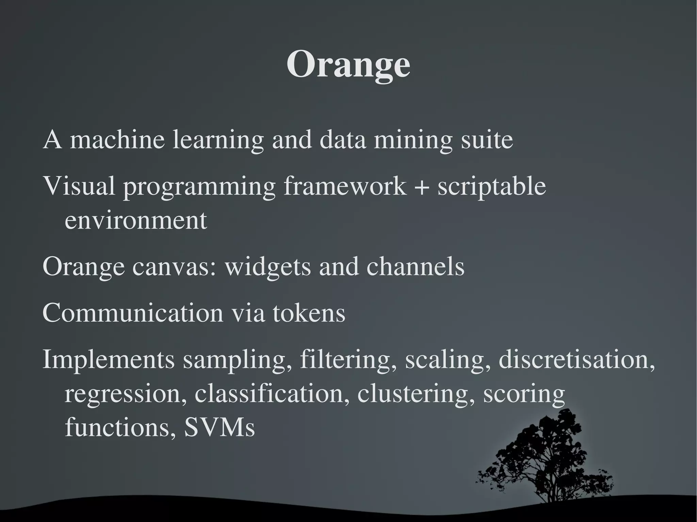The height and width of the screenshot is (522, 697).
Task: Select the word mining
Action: coord(413,140)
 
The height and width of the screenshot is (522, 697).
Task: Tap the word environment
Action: coord(136,220)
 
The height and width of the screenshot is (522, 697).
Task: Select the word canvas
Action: coord(174,267)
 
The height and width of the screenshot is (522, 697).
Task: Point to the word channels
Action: coord(415,267)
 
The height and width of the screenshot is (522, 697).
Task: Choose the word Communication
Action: coord(133,313)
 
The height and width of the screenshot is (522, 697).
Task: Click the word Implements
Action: coord(108,360)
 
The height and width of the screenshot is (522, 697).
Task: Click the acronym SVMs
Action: coord(219,427)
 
